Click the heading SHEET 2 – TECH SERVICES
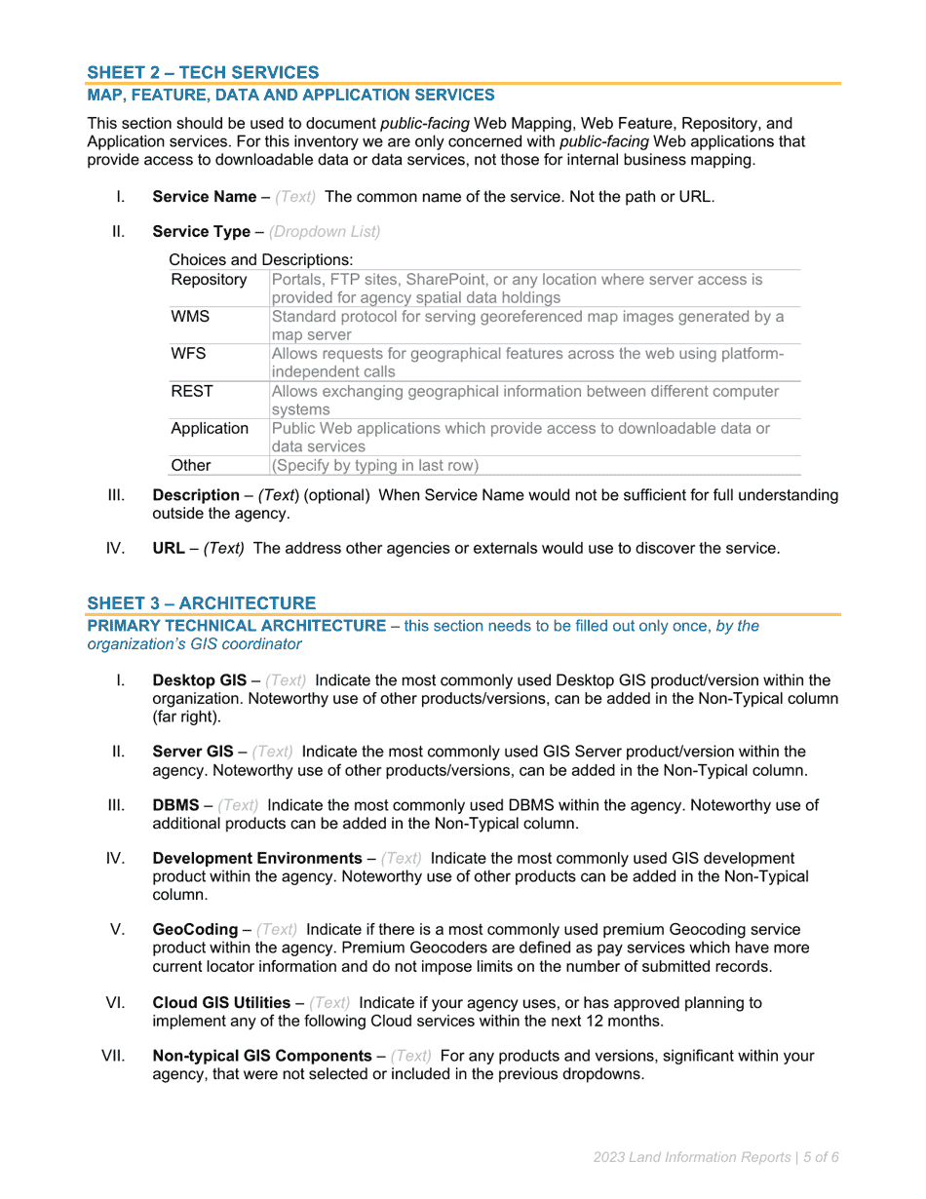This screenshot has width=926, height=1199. [203, 72]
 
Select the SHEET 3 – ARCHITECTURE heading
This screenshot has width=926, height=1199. [201, 603]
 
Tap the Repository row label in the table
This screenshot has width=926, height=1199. [209, 280]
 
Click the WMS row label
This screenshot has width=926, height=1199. [190, 317]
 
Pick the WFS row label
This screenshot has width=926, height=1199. [188, 354]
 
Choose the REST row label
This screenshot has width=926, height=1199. [192, 391]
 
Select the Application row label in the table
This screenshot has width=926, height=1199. [210, 428]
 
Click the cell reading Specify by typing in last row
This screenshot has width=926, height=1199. [375, 465]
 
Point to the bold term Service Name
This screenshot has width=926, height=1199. [204, 196]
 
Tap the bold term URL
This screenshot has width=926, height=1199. [169, 548]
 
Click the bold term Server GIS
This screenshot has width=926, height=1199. [193, 752]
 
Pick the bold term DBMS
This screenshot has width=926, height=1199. [175, 805]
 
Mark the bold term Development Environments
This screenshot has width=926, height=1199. [257, 859]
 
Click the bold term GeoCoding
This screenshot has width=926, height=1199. [195, 930]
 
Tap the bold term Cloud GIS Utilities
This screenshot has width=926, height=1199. [221, 1002]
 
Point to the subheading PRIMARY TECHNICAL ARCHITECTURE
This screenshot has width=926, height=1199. [237, 626]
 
